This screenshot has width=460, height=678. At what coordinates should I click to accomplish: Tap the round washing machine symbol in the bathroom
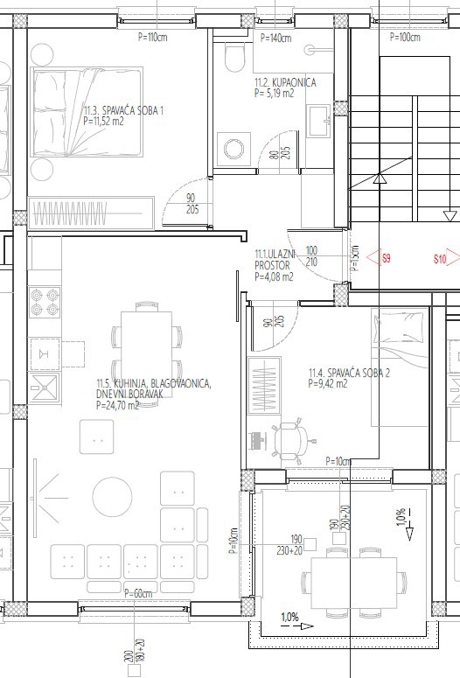[x=232, y=146]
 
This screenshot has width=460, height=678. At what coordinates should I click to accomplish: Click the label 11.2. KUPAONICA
[x=284, y=82]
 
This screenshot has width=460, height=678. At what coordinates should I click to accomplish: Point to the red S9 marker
[x=386, y=258]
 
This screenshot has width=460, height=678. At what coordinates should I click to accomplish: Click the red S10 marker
[x=440, y=258]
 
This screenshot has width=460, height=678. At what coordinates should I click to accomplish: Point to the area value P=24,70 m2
[x=117, y=405]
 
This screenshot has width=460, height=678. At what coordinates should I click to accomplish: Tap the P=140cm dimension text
[x=275, y=38]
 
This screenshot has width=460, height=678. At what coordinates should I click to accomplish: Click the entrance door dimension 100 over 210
[x=312, y=255]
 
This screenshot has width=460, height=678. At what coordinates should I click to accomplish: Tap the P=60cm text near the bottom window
[x=138, y=594]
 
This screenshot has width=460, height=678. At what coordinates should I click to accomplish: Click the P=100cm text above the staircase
[x=403, y=38]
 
